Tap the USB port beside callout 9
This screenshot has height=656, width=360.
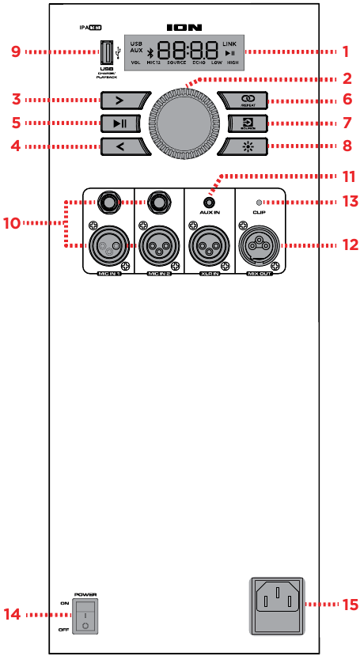pos(105,53)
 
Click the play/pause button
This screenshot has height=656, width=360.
pos(120,123)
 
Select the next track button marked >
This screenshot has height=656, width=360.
pos(120,100)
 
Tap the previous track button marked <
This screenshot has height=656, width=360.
pos(120,146)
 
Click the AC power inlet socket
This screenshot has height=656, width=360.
pos(277,603)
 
